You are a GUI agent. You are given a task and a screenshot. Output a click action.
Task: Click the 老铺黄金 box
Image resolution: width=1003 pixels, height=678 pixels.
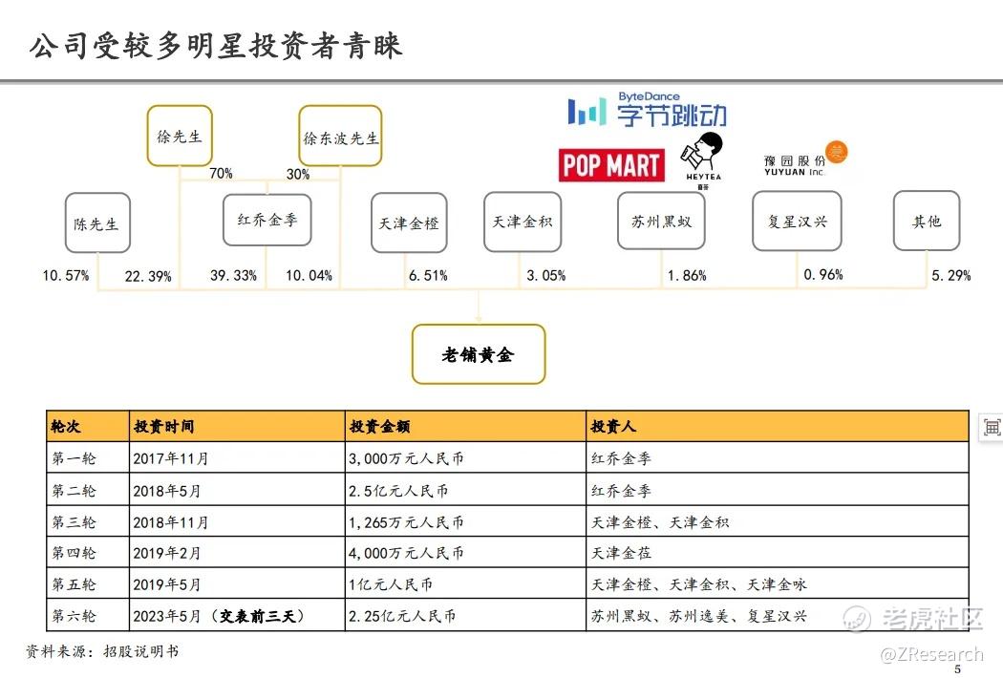478,354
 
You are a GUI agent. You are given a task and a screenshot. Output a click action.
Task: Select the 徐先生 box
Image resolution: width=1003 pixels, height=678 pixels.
180,136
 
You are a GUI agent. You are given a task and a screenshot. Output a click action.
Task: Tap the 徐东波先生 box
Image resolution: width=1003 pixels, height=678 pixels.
340,137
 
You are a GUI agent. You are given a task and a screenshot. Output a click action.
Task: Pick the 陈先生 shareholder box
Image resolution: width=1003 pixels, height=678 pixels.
97,223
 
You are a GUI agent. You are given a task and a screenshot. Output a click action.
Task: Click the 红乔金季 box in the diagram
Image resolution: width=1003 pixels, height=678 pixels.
267,221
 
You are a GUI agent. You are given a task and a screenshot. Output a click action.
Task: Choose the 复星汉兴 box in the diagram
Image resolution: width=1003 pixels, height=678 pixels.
798,222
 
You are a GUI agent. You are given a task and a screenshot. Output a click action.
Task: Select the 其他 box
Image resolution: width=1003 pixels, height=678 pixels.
927,222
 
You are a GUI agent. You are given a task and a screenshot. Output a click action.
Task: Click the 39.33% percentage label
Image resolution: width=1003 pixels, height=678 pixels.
234,276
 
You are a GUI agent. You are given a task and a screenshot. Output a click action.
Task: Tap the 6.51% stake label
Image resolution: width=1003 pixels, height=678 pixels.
428,276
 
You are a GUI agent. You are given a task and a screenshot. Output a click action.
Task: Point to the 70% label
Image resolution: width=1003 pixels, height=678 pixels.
222,174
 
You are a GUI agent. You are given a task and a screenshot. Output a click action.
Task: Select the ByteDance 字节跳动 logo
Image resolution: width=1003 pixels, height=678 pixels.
648,112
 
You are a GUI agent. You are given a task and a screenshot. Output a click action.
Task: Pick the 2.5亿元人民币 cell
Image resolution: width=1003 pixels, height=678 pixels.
399,491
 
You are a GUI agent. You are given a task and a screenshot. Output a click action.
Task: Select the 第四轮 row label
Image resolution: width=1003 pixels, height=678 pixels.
74,553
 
